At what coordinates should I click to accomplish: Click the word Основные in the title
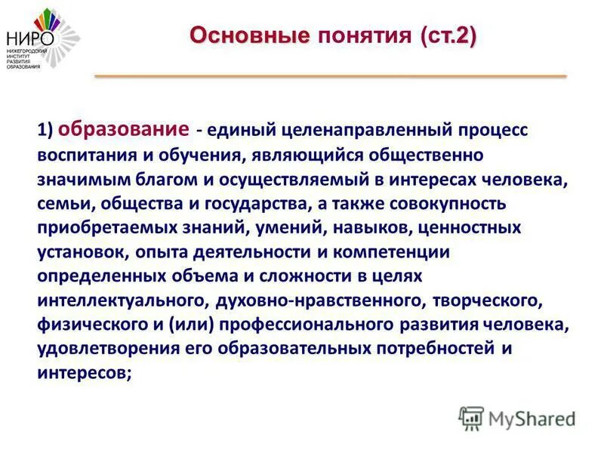[x=248, y=35]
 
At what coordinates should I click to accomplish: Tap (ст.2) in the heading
[x=449, y=35]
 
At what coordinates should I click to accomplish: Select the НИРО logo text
[x=26, y=38]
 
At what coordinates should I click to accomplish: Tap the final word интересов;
[x=84, y=373]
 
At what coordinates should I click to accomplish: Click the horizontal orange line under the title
[x=330, y=76]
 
